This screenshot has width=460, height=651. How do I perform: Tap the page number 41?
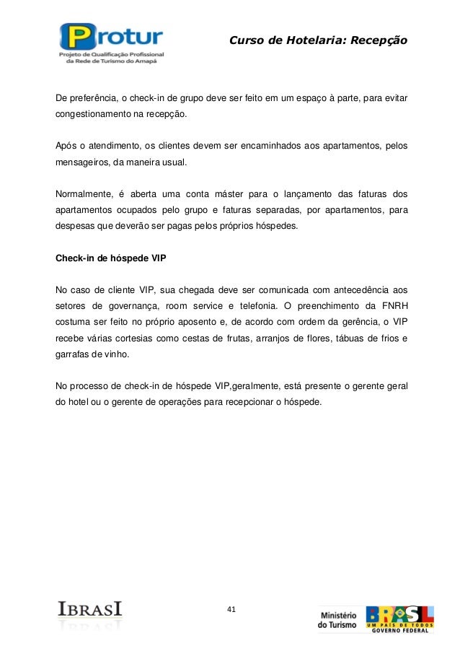tap(231, 610)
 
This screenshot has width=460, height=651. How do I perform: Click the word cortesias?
tap(156, 338)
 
